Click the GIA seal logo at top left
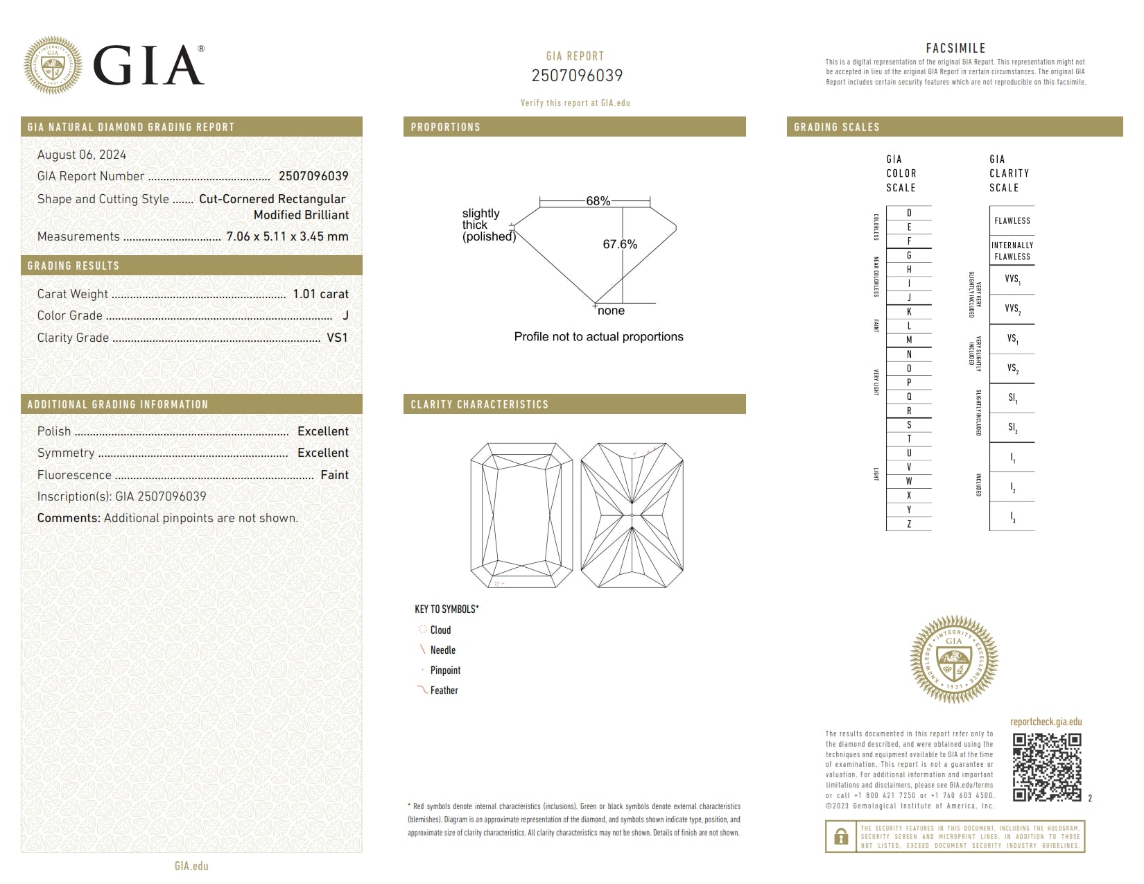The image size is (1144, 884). pos(53,65)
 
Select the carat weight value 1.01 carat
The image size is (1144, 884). pos(320,294)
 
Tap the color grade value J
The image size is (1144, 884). pos(345,315)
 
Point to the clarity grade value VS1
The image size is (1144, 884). pos(337,338)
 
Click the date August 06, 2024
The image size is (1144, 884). pos(82,155)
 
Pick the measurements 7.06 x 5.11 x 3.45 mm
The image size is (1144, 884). pos(287,236)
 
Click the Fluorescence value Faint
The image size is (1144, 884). pos(334,475)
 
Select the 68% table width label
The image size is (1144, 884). pos(598,201)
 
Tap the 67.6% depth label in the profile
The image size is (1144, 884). pos(620,244)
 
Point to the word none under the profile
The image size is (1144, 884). pos(611,311)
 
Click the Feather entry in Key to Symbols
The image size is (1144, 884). pos(444,691)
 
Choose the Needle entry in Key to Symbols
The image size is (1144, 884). pos(442,650)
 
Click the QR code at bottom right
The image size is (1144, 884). pos(1047,767)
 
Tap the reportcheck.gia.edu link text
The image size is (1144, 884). pos(1046,722)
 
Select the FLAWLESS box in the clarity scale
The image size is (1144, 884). pos(1012,221)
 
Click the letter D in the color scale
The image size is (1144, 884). pos(909,213)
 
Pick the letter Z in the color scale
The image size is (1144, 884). pos(909,524)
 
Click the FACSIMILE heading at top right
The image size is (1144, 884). pos(955,48)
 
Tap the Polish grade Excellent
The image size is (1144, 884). pos(322,431)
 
